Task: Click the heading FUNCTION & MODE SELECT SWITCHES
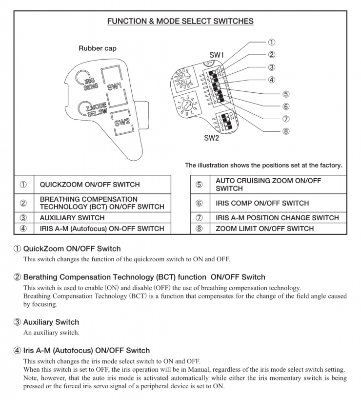pos(180,21)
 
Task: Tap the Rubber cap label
pos(98,48)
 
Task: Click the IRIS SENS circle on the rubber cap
pos(81,79)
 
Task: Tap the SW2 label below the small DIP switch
pos(211,138)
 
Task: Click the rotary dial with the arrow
pos(186,105)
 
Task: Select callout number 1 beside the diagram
pos(272,42)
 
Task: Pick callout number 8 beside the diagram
pos(285,131)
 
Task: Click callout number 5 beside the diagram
pos(285,94)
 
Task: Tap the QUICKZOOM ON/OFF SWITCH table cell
pos(90,185)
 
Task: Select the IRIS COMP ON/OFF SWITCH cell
pos(262,203)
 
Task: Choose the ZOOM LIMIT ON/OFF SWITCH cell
pos(265,229)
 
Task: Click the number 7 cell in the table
pos(199,218)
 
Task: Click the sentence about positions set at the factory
pos(263,165)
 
